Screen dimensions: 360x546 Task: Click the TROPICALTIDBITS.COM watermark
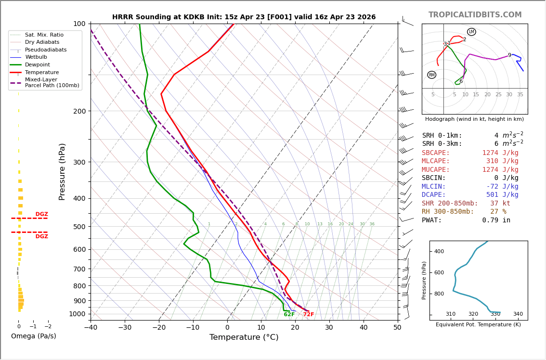475,15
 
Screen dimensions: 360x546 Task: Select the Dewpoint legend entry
37,64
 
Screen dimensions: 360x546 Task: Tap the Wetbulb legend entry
36,57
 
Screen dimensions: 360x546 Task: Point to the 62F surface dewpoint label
289,315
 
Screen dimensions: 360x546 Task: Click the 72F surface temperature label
308,315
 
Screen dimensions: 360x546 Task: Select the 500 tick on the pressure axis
79,227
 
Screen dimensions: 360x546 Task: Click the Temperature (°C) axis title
244,337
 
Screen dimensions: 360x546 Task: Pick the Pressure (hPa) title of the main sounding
63,171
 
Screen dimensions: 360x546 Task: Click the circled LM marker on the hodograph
471,32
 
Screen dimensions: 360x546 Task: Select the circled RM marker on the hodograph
432,75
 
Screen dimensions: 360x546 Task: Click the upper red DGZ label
41,214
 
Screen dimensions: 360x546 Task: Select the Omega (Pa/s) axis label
33,336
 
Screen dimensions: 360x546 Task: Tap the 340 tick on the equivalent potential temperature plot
518,314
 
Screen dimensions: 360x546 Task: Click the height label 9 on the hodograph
509,55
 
